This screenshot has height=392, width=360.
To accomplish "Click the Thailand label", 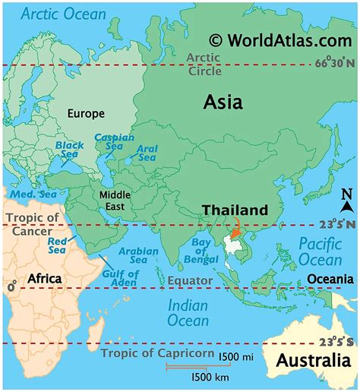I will [x=235, y=210].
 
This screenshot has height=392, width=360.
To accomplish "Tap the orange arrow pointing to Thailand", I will [x=235, y=226].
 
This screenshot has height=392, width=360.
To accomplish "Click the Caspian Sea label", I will [x=114, y=142].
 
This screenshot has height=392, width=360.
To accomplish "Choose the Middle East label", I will [x=115, y=201].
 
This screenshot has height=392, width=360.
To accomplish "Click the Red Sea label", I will [x=58, y=245].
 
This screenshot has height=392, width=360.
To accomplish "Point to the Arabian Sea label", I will [x=139, y=255].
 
